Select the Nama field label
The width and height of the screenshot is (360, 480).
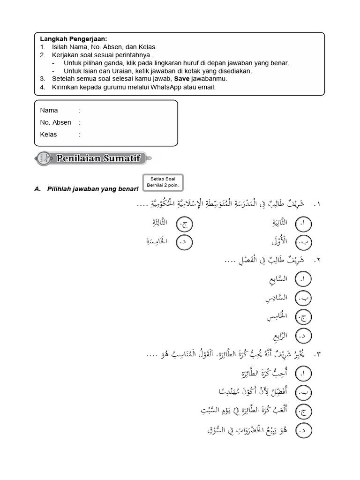click(49, 111)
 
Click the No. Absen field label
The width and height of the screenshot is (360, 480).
click(56, 122)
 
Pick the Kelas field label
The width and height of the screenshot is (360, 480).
click(49, 135)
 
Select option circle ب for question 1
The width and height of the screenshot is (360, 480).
click(303, 242)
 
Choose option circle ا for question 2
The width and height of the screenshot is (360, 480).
click(303, 280)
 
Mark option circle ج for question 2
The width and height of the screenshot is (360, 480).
click(303, 317)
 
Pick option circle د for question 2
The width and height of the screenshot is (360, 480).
click(303, 336)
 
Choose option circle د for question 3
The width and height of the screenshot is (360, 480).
click(303, 429)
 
